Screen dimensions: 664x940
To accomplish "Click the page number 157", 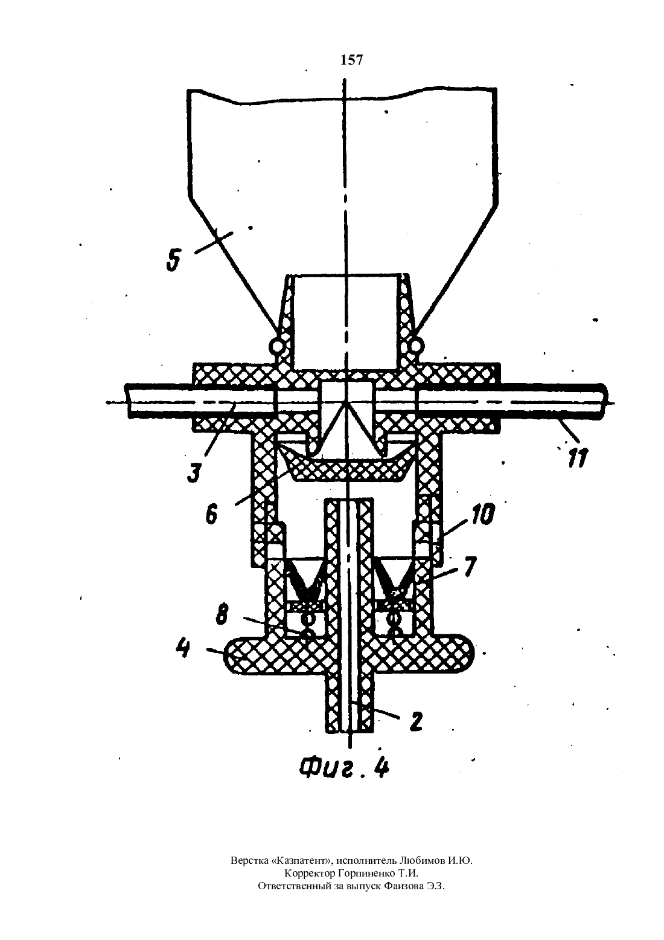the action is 351,60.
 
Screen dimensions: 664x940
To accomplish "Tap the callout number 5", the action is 173,260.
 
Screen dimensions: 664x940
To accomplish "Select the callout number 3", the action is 194,471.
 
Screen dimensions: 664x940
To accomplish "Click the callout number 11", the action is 578,458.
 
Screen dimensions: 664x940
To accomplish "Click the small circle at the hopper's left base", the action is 276,346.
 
